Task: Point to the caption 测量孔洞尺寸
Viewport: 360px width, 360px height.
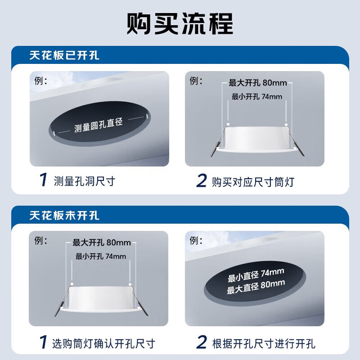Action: (84, 181)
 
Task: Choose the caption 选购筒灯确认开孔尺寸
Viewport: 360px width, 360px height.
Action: (104, 343)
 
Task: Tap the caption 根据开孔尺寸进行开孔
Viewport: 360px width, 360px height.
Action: (263, 343)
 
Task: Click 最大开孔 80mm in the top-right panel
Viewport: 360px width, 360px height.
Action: (257, 83)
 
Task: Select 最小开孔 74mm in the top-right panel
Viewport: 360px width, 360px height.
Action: (256, 96)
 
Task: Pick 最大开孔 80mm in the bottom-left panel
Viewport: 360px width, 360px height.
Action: (101, 243)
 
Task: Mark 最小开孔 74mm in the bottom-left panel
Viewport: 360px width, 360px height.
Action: (101, 256)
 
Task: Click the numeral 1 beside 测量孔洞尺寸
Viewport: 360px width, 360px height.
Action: (43, 181)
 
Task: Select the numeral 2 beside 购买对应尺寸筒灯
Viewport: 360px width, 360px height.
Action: (202, 181)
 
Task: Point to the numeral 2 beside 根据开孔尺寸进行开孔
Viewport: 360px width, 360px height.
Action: (202, 343)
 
